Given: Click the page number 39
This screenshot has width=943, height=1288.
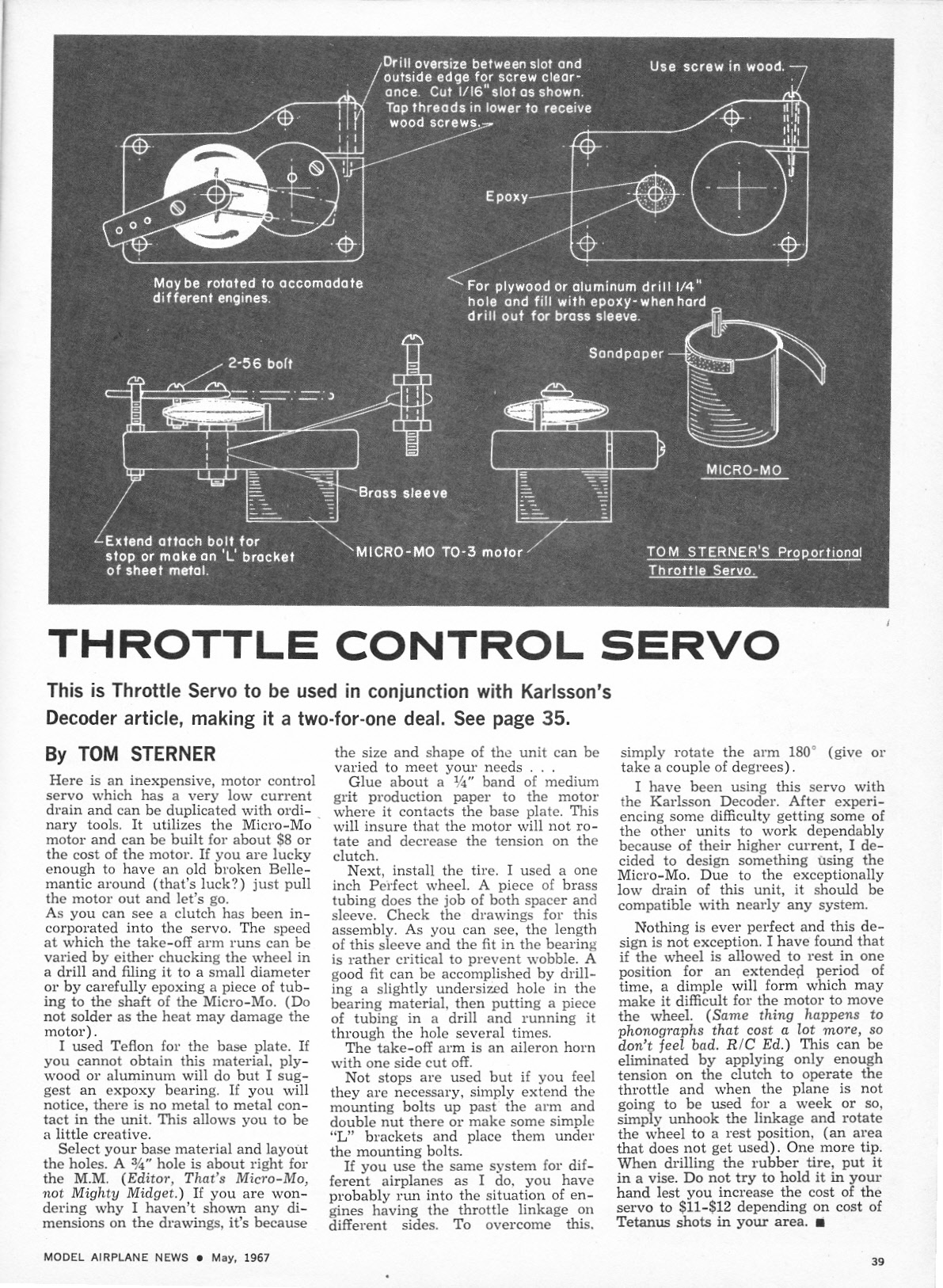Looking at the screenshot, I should tap(876, 1262).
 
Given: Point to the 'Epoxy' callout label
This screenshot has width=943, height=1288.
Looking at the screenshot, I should tap(506, 196).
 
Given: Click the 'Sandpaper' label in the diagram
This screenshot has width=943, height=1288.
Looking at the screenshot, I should tap(625, 353).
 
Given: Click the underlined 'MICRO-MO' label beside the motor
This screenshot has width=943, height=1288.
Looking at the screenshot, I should tap(743, 471).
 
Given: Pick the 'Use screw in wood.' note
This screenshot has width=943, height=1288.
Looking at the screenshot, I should tap(717, 67).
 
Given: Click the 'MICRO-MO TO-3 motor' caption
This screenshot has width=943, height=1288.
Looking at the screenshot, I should tap(439, 552).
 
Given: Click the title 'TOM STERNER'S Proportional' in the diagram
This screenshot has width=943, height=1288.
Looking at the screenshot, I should tap(753, 552).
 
